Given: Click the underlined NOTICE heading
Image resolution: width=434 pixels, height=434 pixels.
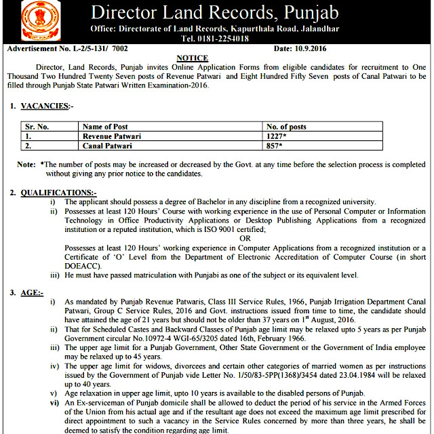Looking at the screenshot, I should (192, 59).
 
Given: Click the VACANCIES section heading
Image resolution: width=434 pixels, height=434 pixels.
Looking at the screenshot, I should (45, 106).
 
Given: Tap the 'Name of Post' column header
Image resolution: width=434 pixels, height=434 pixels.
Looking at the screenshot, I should (105, 127).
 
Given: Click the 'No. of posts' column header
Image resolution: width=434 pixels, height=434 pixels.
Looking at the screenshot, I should (286, 127).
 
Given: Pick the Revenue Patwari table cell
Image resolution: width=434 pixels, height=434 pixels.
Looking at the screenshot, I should (111, 136).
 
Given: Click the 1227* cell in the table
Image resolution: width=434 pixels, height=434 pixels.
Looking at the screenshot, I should (279, 136).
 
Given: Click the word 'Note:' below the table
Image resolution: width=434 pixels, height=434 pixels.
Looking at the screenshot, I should (26, 165).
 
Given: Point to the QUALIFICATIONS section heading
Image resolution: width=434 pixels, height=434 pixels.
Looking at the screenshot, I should (58, 193).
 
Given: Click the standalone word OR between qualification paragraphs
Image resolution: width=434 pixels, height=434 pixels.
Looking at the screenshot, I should (245, 238).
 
